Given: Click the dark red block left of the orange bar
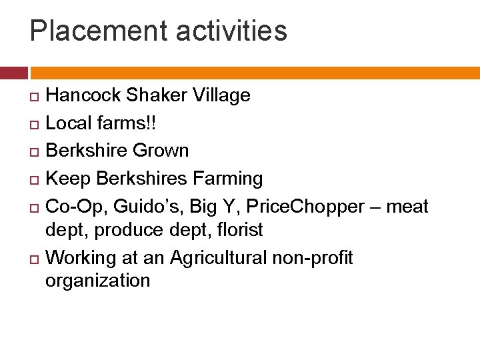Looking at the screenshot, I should click(x=13, y=73).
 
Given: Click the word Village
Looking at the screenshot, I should click(x=221, y=95).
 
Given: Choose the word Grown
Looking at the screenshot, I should click(x=161, y=151).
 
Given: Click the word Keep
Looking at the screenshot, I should click(x=68, y=179).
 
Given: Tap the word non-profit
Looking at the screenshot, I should click(x=320, y=257).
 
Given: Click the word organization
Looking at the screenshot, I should click(x=98, y=281).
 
